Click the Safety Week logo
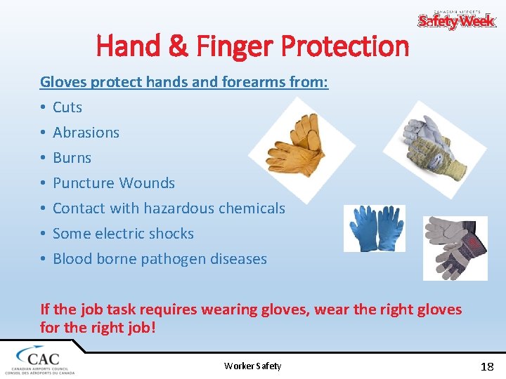pyautogui.click(x=457, y=19)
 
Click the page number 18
pyautogui.click(x=486, y=366)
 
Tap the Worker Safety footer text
pyautogui.click(x=252, y=366)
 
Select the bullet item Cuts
pyautogui.click(x=67, y=107)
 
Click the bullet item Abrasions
pyautogui.click(x=86, y=133)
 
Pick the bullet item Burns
pyautogui.click(x=72, y=158)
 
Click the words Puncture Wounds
pyautogui.click(x=114, y=183)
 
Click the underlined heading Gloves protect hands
pyautogui.click(x=184, y=82)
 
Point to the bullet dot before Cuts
pyautogui.click(x=43, y=108)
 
